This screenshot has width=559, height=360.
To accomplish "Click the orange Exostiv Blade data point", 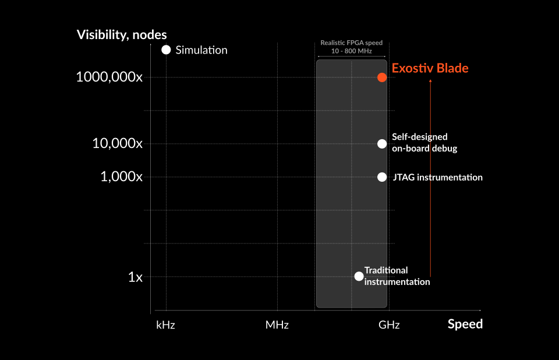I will click(x=382, y=77).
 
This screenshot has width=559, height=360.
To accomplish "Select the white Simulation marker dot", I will click(x=166, y=50).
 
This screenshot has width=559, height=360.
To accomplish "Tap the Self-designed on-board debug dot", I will click(x=382, y=144).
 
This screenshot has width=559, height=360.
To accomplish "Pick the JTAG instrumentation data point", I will click(x=382, y=177).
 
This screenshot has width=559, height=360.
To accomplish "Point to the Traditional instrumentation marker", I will click(x=359, y=276).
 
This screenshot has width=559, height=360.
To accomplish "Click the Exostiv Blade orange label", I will click(x=430, y=68).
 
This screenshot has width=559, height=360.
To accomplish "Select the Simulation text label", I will click(x=201, y=50).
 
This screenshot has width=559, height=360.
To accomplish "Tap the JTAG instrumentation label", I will click(x=437, y=177).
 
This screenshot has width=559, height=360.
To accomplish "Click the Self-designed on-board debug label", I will click(x=424, y=143).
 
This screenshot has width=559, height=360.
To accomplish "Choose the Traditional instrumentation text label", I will click(x=397, y=276).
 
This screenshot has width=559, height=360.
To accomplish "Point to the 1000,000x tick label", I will click(x=109, y=77).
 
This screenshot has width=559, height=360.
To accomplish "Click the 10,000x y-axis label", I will click(x=117, y=144).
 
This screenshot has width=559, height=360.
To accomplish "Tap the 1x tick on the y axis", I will click(x=135, y=277).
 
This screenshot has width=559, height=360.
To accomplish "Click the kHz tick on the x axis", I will click(x=166, y=325).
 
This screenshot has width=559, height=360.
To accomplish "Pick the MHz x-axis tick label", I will click(x=277, y=325).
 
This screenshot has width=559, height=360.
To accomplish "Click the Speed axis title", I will click(x=465, y=324).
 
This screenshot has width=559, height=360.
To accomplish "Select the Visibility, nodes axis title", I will click(x=122, y=34).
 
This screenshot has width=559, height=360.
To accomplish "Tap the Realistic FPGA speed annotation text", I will click(x=352, y=47).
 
